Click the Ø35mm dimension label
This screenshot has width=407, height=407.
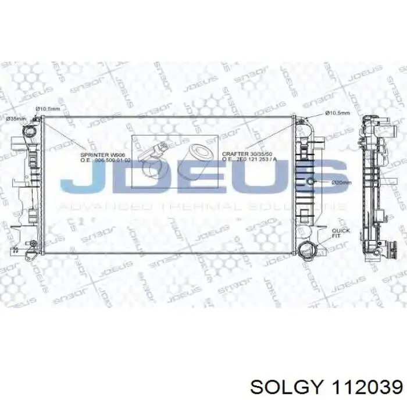16,119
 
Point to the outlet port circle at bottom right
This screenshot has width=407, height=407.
306,251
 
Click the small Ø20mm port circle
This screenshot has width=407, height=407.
311,182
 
